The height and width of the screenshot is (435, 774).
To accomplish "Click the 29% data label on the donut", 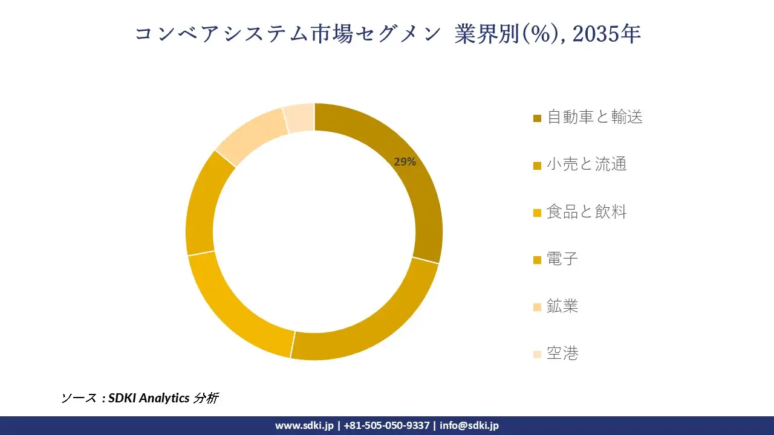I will point(405,162).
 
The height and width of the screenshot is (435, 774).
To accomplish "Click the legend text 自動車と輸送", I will point(594,117).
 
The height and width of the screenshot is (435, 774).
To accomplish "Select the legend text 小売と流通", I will point(587,164).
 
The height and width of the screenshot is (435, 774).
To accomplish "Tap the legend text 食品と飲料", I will point(587,211).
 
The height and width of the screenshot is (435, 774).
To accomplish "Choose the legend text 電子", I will point(562,259).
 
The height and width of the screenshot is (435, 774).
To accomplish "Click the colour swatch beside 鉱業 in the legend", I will point(537,308).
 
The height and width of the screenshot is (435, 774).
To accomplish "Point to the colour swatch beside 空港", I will point(537,355).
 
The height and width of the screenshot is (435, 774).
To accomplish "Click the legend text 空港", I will point(562,353).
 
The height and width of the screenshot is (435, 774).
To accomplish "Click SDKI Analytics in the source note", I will point(148,398).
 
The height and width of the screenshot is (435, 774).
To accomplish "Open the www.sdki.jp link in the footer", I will point(304,425).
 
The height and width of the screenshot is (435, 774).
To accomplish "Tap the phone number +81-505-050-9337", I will point(386,425).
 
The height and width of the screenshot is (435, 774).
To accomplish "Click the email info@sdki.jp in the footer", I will point(469,425).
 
